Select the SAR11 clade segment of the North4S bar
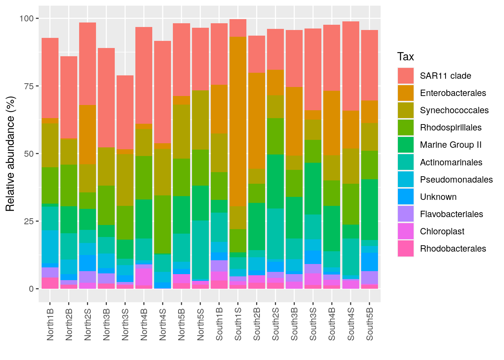[x=162, y=92]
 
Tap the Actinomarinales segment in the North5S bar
[x=200, y=250]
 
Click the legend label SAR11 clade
[x=445, y=76]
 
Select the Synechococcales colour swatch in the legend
[x=406, y=110]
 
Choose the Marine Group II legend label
[x=450, y=145]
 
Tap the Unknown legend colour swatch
[x=406, y=197]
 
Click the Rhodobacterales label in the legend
[x=453, y=249]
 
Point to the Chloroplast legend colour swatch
[x=406, y=231]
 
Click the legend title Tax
[x=405, y=57]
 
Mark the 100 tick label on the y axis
[x=26, y=18]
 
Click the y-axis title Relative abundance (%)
[x=10, y=154]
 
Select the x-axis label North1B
[x=50, y=324]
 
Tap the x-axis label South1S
[x=238, y=324]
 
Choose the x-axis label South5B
[x=370, y=324]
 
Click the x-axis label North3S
[x=125, y=324]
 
